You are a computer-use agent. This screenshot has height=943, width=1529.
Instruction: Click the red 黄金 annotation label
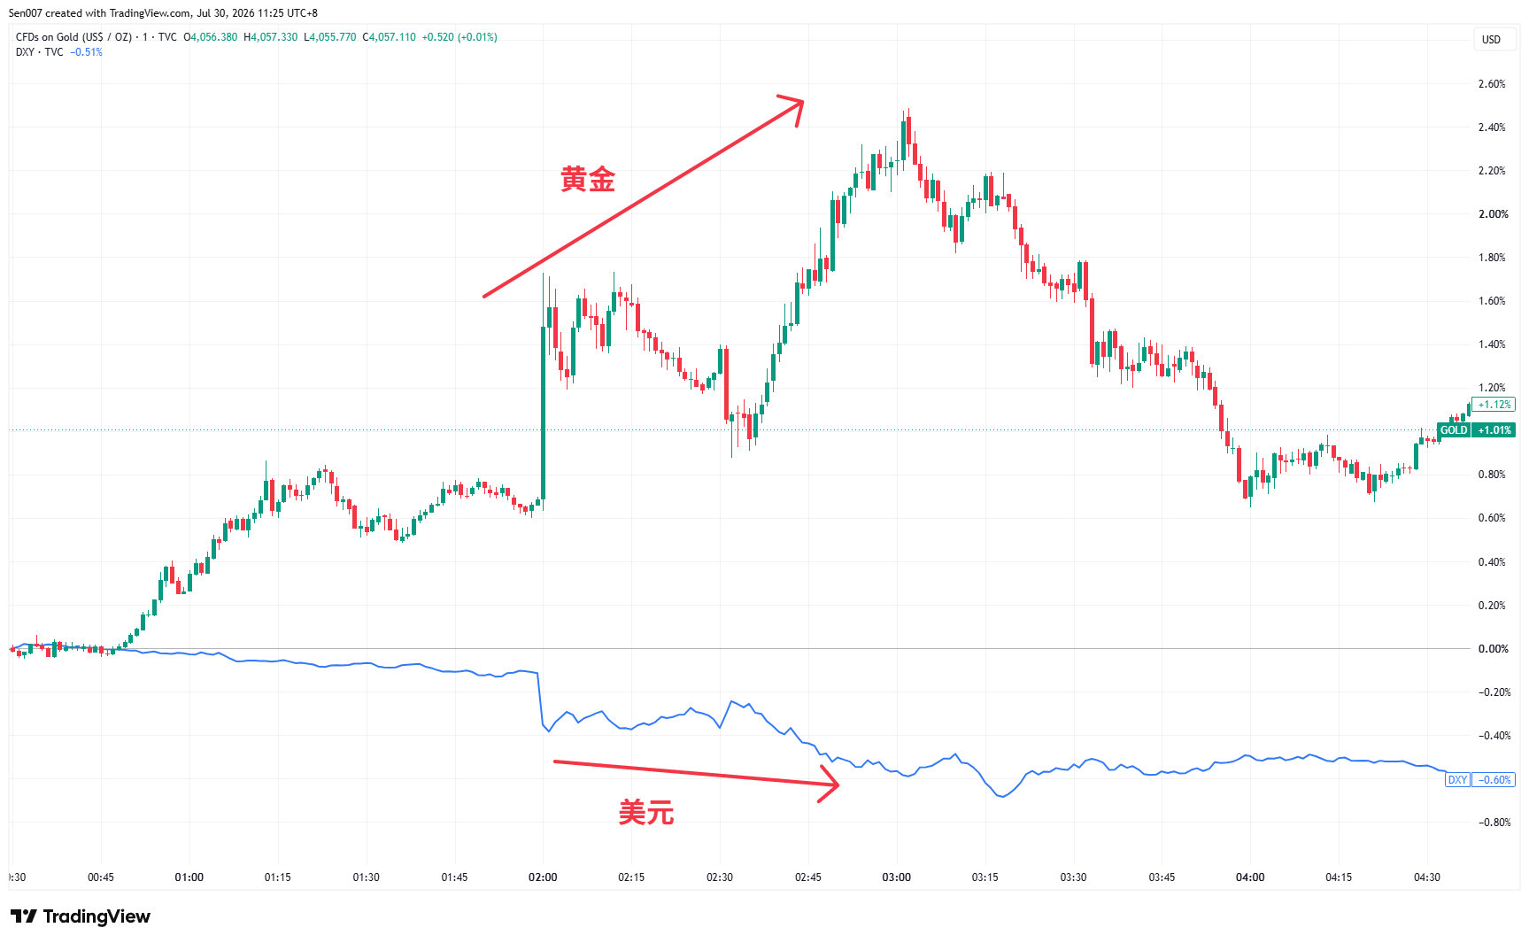(588, 180)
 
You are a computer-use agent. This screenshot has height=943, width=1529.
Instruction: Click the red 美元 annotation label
(646, 812)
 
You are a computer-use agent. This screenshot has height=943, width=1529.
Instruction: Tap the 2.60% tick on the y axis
(1492, 84)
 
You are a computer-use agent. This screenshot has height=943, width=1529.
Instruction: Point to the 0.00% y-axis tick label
(1493, 649)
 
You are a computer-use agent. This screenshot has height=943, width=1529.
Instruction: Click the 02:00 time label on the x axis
(543, 877)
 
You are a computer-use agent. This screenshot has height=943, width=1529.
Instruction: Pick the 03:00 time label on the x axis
(896, 877)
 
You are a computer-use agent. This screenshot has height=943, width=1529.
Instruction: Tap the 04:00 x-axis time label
(1250, 877)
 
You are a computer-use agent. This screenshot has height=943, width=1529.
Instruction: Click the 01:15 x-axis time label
(277, 877)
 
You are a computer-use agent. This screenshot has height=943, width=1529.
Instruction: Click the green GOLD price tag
(1454, 430)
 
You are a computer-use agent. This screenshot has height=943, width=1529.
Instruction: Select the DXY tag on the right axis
(1457, 780)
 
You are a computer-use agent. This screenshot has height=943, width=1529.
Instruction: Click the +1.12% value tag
(1494, 405)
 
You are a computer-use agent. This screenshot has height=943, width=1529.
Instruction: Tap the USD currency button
(1492, 39)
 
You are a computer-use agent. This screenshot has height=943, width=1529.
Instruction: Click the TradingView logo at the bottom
(81, 916)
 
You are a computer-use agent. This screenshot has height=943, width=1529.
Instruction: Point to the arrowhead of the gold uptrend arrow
(799, 102)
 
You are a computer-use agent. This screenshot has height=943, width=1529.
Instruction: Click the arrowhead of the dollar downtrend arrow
(835, 784)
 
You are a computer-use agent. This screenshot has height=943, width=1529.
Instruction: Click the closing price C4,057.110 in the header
(390, 37)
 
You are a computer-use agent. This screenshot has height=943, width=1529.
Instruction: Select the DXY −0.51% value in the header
(87, 52)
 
